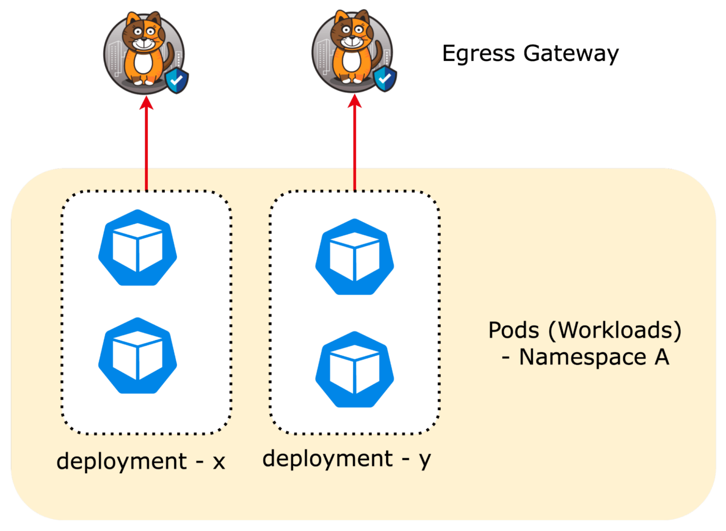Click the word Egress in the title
(478, 54)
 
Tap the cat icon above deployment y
(352, 51)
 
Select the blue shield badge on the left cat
(177, 81)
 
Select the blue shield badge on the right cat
(385, 78)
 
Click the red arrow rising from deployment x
(147, 146)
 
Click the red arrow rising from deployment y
(354, 146)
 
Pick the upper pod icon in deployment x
(138, 248)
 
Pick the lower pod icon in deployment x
(138, 356)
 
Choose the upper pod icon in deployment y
(354, 257)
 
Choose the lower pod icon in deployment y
(354, 369)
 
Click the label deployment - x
(140, 461)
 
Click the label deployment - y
(346, 459)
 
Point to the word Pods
(513, 330)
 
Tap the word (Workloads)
(614, 330)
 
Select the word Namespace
(582, 357)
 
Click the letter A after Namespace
(662, 357)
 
